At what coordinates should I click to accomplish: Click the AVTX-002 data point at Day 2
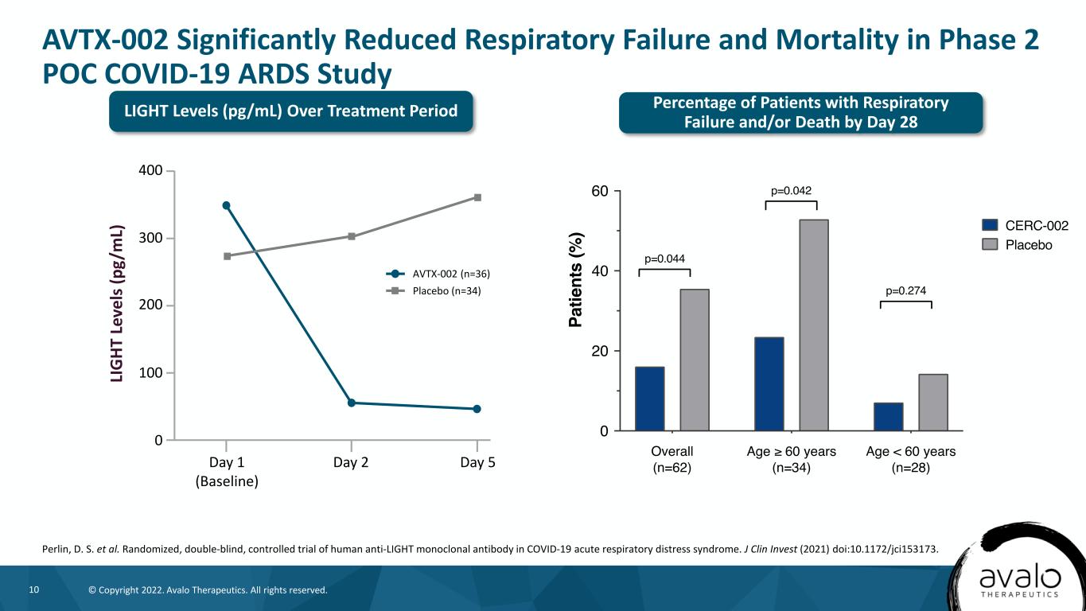[x=352, y=403]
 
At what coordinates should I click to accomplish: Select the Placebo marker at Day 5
[x=477, y=197]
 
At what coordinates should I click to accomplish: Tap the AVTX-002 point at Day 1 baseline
[x=227, y=205]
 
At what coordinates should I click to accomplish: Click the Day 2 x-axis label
[x=352, y=462]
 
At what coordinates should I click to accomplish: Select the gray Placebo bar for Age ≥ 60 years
[x=815, y=325]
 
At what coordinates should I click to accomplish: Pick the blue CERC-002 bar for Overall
[x=649, y=399]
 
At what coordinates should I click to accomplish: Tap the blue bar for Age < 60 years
[x=888, y=417]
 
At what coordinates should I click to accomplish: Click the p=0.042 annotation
[x=791, y=191]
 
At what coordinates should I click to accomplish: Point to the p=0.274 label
[x=905, y=290]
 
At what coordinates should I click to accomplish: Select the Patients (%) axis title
[x=577, y=280]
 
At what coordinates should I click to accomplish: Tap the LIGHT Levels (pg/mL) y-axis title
[x=118, y=304]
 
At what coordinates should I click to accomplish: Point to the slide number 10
[x=34, y=590]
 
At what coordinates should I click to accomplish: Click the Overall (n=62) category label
[x=672, y=460]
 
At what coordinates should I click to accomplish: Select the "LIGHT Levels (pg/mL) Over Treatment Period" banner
[x=290, y=111]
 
